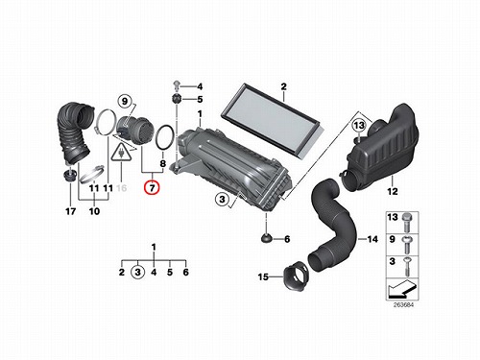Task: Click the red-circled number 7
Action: point(152,187)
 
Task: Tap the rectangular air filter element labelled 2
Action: point(273,121)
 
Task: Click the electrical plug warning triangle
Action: point(122,152)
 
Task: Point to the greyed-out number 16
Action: point(122,188)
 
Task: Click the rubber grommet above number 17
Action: point(69,175)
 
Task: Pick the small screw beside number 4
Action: point(177,84)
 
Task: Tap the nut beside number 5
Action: point(177,99)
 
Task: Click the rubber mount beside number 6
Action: point(266,238)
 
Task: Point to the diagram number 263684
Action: point(403,305)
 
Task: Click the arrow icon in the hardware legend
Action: point(401,288)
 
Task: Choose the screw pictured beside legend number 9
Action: point(407,245)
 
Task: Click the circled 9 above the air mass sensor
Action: point(125,102)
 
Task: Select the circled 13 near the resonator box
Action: point(359,125)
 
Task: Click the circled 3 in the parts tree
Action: point(137,273)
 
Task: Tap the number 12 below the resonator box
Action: point(393,191)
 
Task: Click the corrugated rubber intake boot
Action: point(72,132)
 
